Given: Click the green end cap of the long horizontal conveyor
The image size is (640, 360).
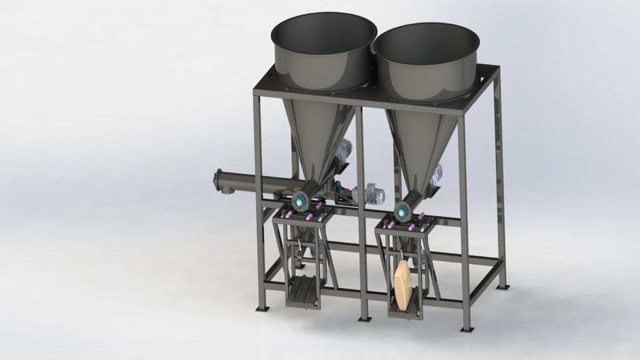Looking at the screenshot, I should [217, 179].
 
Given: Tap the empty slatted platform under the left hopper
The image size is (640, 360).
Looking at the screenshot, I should [304, 290].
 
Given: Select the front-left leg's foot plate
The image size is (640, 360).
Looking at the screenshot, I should [263, 308].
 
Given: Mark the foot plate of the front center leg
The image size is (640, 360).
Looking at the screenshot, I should [364, 318].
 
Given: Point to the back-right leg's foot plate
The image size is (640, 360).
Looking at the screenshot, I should [503, 287].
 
